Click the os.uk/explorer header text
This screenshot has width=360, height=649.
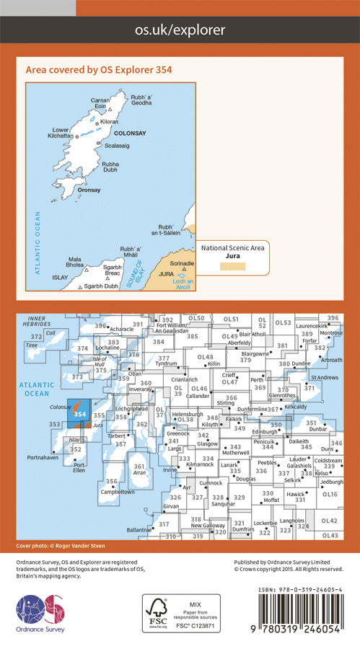pyautogui.click(x=180, y=30)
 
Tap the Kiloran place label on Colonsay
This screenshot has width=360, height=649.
pyautogui.click(x=110, y=122)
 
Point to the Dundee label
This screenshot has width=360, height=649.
pyautogui.click(x=302, y=364)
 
